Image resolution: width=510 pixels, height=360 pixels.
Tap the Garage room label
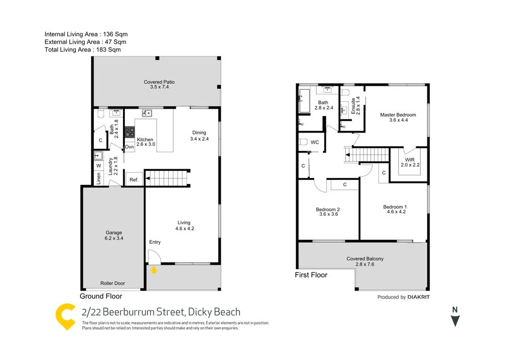[113, 233]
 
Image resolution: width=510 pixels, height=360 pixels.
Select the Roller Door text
[112, 283]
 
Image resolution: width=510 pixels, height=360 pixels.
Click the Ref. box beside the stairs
[134, 179]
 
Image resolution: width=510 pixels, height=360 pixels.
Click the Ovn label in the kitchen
[130, 147]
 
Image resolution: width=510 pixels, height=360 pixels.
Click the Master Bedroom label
[398, 115]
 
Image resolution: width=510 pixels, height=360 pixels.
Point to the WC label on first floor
[315, 142]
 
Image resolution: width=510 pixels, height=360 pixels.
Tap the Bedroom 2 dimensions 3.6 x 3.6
[327, 214]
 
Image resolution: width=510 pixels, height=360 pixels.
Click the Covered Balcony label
[365, 259]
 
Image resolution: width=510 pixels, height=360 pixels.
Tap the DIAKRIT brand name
[419, 297]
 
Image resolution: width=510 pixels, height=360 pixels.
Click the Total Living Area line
[82, 49]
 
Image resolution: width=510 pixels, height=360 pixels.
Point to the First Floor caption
[311, 275]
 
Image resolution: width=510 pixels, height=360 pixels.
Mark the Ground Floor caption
[101, 296]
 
